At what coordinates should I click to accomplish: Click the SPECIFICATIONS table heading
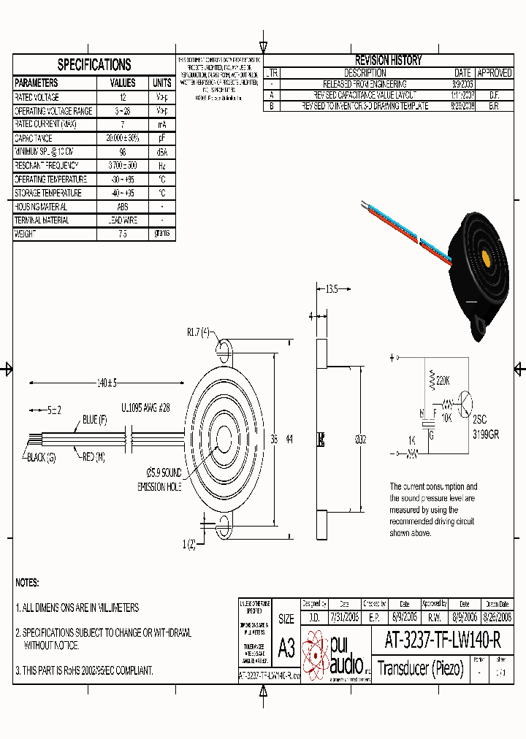click(x=94, y=65)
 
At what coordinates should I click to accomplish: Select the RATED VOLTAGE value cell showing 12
click(x=122, y=97)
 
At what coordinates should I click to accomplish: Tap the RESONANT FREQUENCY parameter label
click(x=50, y=166)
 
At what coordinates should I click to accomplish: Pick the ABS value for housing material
click(x=122, y=207)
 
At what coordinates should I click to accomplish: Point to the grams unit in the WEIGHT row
click(x=161, y=234)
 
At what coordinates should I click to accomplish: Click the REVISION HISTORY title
click(x=388, y=61)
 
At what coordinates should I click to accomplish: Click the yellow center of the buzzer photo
click(x=484, y=258)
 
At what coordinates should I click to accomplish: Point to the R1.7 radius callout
click(x=198, y=332)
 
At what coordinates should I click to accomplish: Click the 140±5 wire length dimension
click(x=107, y=382)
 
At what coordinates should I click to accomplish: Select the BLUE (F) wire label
click(x=95, y=419)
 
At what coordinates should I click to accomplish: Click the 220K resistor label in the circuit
click(x=443, y=380)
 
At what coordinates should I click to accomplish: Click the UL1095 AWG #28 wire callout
click(x=145, y=409)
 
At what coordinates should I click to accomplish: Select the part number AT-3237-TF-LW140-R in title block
click(x=442, y=640)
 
